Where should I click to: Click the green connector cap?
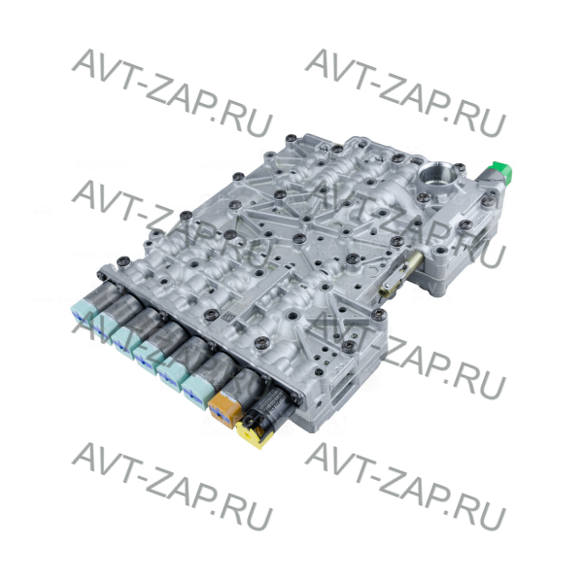[x=502, y=173]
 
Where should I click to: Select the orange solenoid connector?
[x=224, y=409]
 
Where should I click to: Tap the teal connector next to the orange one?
[x=199, y=392]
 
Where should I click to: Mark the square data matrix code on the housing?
[x=226, y=317]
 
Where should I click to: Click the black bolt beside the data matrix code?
[x=212, y=314]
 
